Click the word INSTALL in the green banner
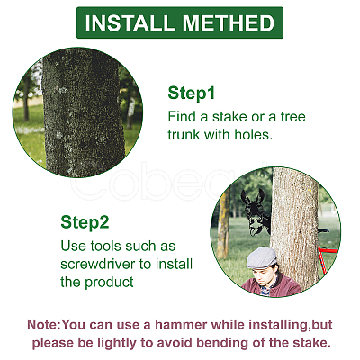pos(130,23)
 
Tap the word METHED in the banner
pos(229,23)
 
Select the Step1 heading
pos(192,93)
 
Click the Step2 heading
pos(85,222)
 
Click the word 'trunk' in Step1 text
pos(184,135)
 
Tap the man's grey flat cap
pos(261,257)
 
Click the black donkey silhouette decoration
pos(255,212)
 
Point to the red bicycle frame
pos(326,259)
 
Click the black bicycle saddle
pos(323,230)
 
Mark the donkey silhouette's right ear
pos(261,195)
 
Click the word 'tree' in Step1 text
pos(292,116)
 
